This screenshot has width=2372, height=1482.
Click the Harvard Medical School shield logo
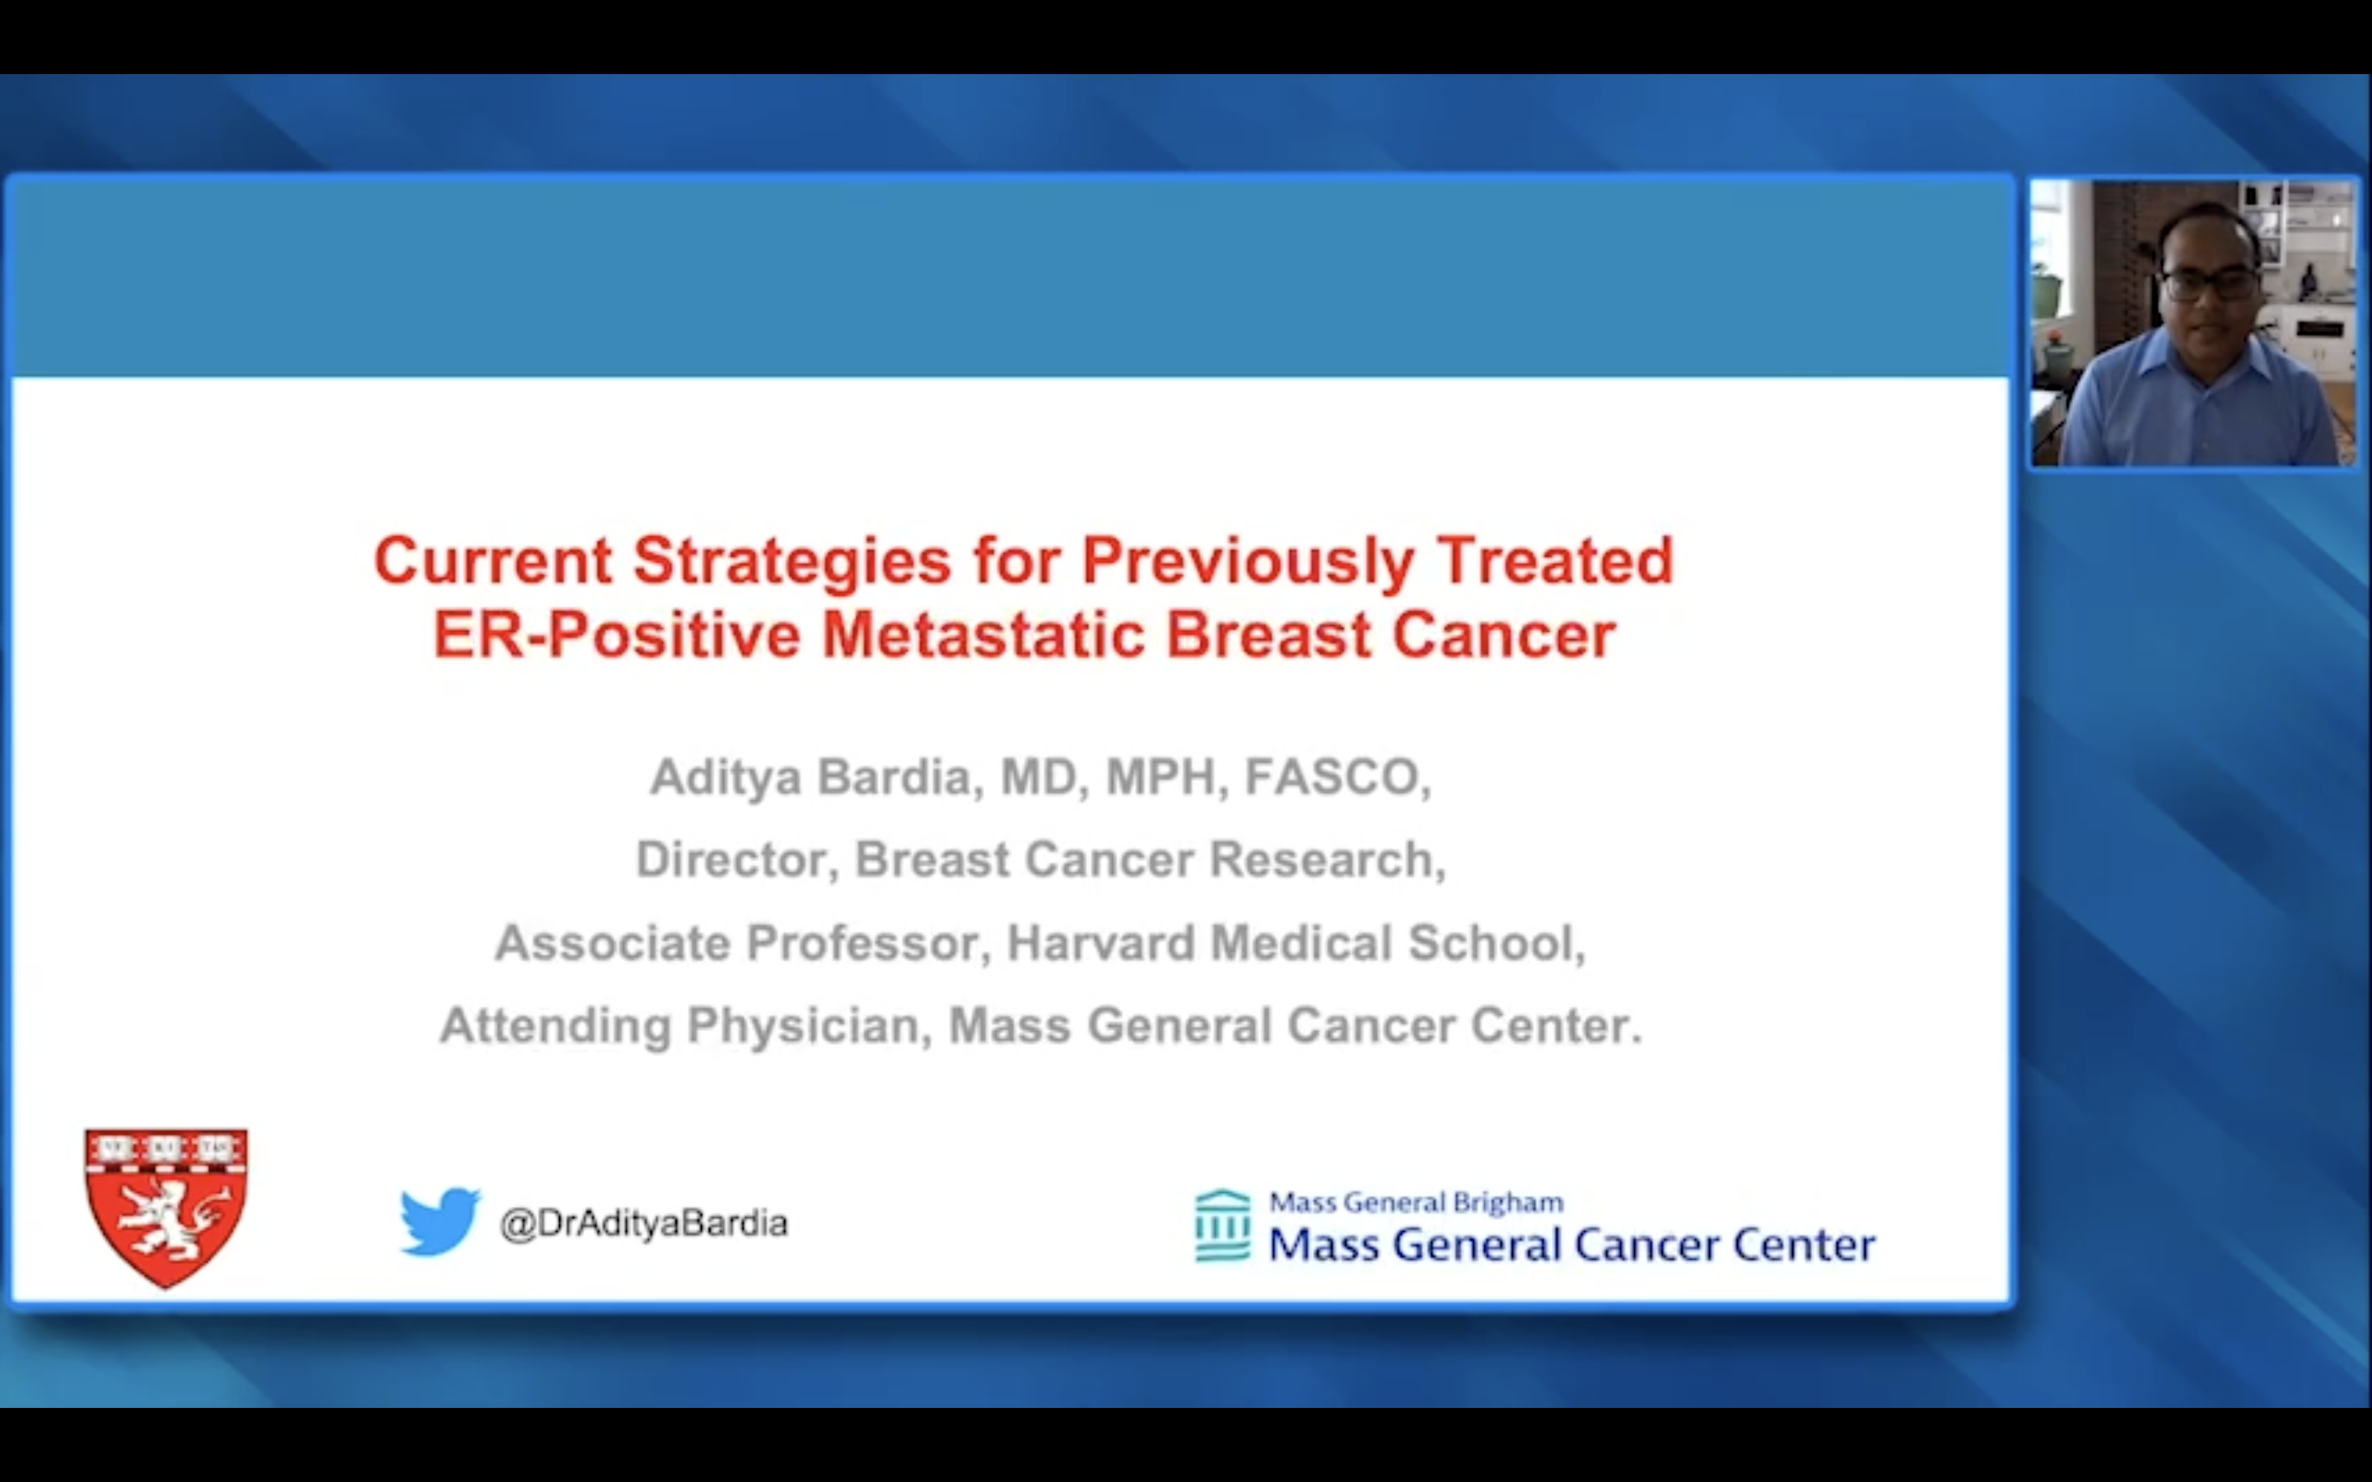tap(166, 1209)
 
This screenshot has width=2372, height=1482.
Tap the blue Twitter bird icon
tap(440, 1221)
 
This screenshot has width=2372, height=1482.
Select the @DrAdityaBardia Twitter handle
tap(644, 1223)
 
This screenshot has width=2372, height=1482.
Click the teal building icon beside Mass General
tap(1222, 1225)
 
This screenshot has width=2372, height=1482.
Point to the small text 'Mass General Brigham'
tap(1417, 1202)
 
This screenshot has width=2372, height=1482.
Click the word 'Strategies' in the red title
tap(792, 562)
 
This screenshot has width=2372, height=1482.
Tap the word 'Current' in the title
tap(493, 561)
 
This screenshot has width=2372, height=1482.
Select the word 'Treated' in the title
tap(1556, 561)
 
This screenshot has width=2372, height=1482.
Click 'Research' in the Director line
tap(1327, 860)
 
